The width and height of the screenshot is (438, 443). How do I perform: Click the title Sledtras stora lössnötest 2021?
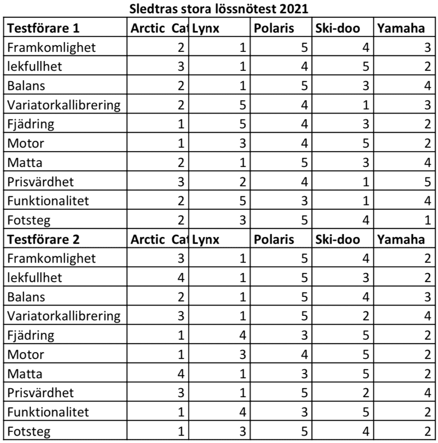click(x=219, y=9)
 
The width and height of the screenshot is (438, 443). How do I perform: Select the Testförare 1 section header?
click(x=43, y=29)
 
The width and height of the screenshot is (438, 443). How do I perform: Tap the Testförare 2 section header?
click(x=43, y=239)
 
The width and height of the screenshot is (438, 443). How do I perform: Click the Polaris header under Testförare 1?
click(x=274, y=29)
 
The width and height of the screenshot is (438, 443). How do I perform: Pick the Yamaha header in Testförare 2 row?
click(x=401, y=239)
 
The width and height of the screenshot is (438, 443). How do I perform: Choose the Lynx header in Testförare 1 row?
click(x=206, y=29)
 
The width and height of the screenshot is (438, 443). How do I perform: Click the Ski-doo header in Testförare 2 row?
click(x=338, y=239)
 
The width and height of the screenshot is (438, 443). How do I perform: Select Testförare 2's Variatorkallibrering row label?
click(x=64, y=316)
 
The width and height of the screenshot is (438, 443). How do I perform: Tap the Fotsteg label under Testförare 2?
click(x=29, y=431)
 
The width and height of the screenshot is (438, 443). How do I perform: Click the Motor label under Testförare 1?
click(x=26, y=143)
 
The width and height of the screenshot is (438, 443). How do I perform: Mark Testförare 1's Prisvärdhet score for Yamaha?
click(x=427, y=182)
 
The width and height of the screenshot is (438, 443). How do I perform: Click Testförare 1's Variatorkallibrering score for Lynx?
click(x=242, y=105)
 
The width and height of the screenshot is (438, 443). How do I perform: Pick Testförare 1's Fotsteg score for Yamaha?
click(x=427, y=220)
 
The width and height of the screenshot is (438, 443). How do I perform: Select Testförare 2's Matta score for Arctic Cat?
click(x=181, y=373)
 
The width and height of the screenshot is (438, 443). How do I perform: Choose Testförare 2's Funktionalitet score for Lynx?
click(x=242, y=412)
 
